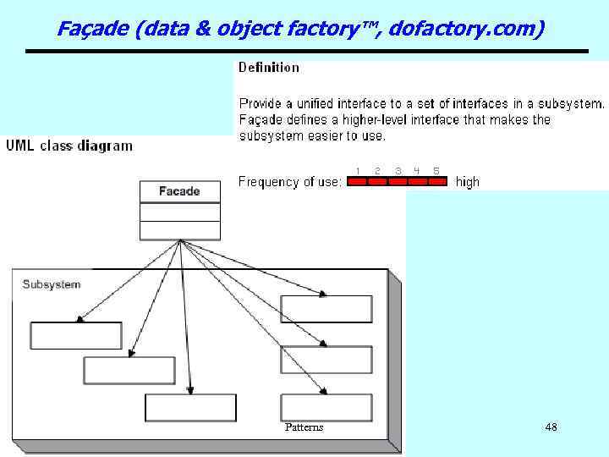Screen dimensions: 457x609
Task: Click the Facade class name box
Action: (x=179, y=191)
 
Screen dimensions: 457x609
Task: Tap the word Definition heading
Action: (x=269, y=67)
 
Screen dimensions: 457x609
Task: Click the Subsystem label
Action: (x=52, y=284)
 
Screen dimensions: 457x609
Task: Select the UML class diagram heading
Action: (x=69, y=146)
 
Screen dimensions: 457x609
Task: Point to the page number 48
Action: (x=551, y=427)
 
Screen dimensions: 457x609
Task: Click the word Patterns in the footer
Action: (x=304, y=427)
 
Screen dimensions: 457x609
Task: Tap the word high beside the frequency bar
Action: (x=467, y=181)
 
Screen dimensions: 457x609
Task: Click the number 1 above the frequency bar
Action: (x=357, y=171)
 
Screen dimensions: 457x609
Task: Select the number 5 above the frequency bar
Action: (x=436, y=171)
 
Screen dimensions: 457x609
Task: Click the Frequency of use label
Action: (x=290, y=181)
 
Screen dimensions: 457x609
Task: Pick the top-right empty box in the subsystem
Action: (x=326, y=309)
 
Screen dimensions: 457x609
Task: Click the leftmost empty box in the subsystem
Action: (x=76, y=335)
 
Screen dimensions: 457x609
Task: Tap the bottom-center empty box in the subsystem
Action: (x=190, y=408)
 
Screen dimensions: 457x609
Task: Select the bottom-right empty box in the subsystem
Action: (x=326, y=408)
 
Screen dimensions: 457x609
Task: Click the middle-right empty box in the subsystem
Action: (x=326, y=360)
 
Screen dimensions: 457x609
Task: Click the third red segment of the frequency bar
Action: (x=398, y=181)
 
